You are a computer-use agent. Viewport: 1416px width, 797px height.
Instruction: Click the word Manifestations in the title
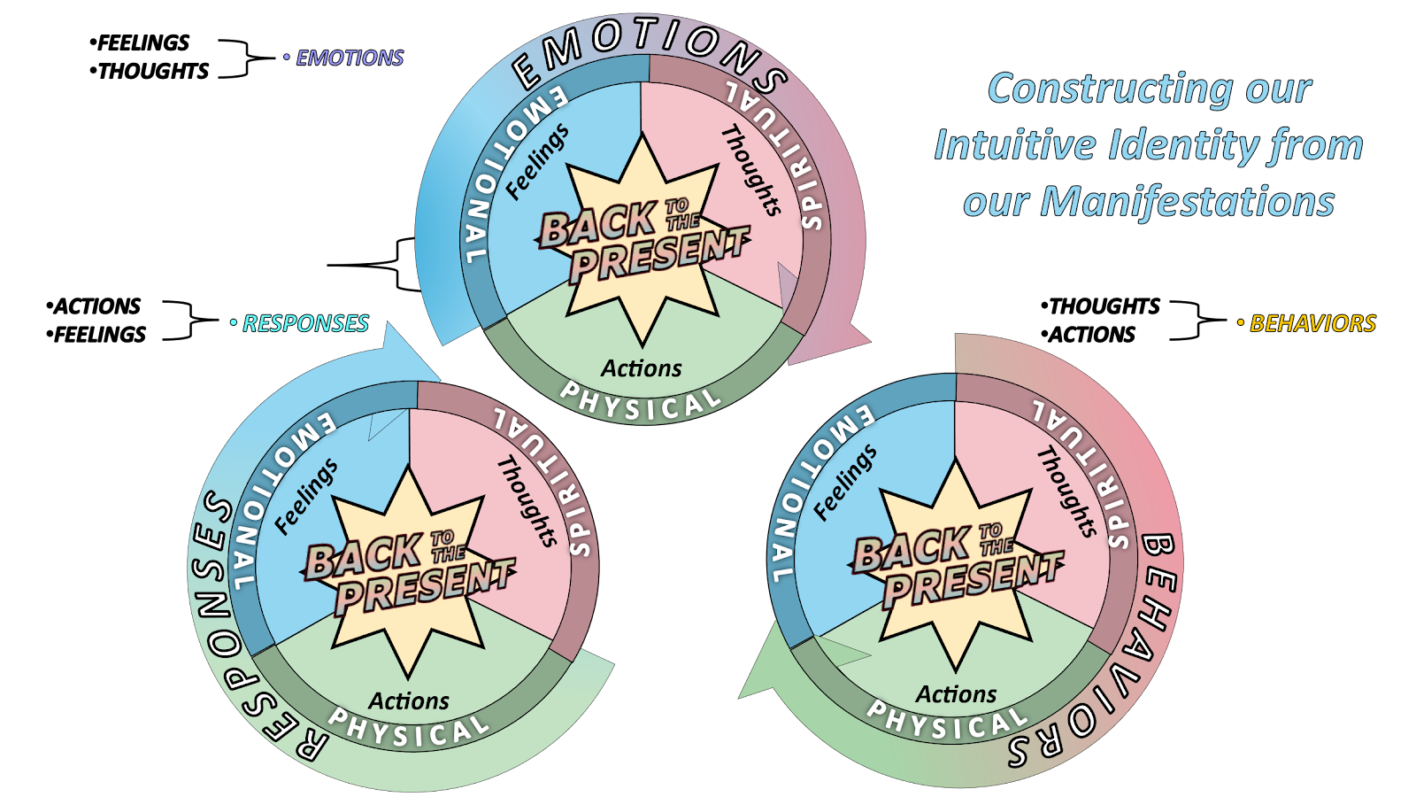pyautogui.click(x=1187, y=202)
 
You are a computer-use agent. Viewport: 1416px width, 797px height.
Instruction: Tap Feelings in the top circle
pyautogui.click(x=537, y=162)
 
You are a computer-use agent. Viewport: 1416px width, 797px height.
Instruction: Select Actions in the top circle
pyautogui.click(x=642, y=368)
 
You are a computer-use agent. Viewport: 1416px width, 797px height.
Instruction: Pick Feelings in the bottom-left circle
pyautogui.click(x=306, y=496)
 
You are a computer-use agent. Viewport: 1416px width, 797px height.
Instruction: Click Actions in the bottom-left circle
pyautogui.click(x=409, y=701)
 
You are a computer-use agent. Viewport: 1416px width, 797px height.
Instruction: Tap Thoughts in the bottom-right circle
pyautogui.click(x=1066, y=491)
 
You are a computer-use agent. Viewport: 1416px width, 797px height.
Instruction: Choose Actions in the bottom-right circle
pyautogui.click(x=956, y=694)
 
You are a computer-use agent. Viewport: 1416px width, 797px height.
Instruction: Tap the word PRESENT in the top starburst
pyautogui.click(x=659, y=255)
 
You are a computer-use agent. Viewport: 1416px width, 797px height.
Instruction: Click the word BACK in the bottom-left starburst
pyautogui.click(x=363, y=556)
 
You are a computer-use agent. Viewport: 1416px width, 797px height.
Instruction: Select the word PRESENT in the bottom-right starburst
pyautogui.click(x=973, y=579)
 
